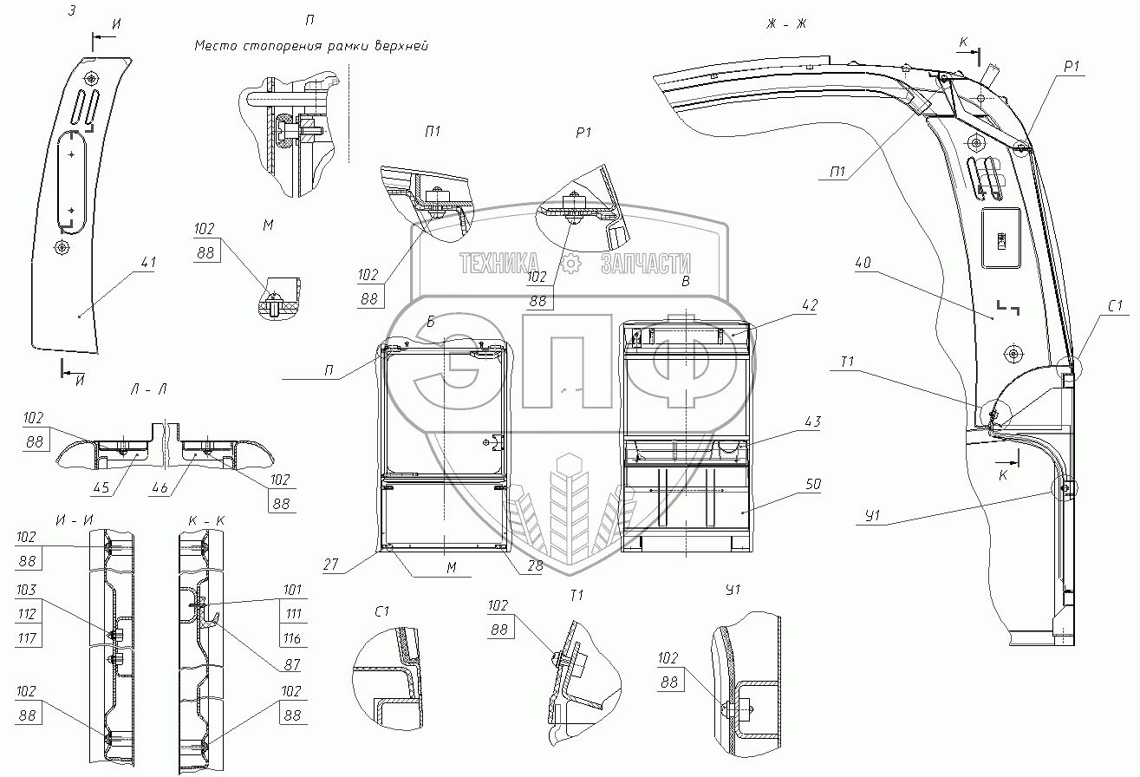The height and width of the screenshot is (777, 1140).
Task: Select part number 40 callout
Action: coord(862,262)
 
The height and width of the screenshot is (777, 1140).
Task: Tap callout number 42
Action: coord(811,305)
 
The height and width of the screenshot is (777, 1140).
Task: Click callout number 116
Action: coord(291,639)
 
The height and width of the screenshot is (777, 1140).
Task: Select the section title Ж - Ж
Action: coord(786,23)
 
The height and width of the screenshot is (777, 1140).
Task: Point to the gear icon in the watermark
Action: coord(570,264)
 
